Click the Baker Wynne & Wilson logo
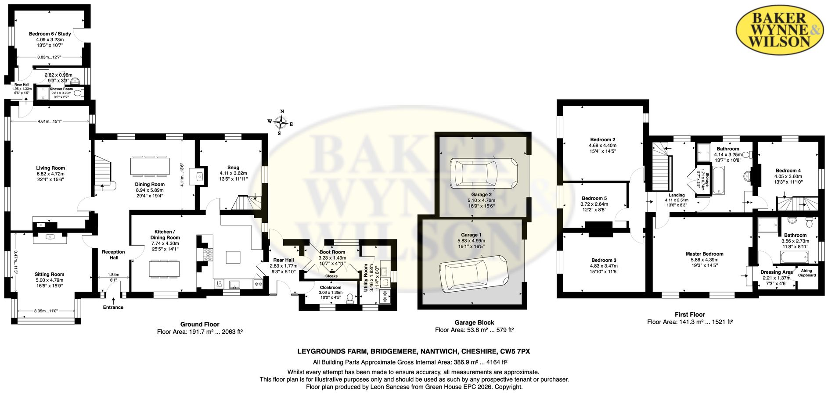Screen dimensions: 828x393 click(x=779, y=29)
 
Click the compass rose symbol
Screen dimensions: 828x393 click(x=280, y=122)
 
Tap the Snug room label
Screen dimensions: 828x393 click(x=234, y=168)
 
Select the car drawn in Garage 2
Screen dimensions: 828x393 click(x=483, y=173)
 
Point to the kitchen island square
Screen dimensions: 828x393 click(x=233, y=257)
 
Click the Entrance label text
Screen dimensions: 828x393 click(x=113, y=307)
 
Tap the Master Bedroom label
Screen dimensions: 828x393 click(x=705, y=254)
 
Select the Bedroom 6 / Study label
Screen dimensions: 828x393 click(x=50, y=34)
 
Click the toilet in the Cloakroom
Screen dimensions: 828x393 click(x=350, y=299)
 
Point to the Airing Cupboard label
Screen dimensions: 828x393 click(x=807, y=273)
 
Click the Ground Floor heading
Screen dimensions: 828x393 click(x=200, y=325)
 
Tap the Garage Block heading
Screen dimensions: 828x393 click(x=475, y=322)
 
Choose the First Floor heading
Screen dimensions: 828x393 click(x=690, y=314)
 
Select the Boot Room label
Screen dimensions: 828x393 click(x=332, y=252)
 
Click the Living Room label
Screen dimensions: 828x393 click(x=50, y=168)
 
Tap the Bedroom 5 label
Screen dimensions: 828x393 click(x=594, y=199)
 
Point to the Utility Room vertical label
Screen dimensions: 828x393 click(x=366, y=278)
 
